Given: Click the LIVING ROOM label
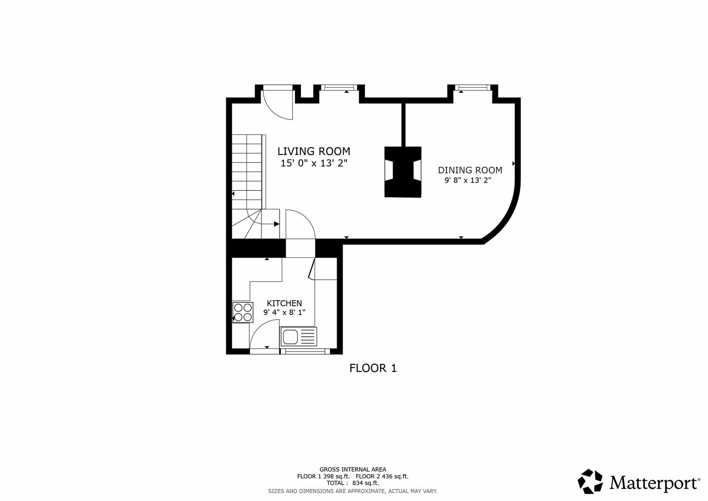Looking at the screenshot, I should point(313,151).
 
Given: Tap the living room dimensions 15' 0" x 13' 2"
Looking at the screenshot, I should point(313,163).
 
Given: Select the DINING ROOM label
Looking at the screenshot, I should point(470,170).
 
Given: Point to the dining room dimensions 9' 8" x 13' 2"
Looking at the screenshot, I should point(467,180).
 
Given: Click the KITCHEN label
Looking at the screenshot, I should point(284,303).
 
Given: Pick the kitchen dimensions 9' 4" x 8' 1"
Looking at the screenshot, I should point(284,313).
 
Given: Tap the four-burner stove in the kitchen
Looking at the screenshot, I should point(242,312).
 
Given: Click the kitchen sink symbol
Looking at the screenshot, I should point(299,336).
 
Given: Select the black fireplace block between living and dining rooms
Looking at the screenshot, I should point(402,172).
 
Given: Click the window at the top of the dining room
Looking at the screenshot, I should point(472,87).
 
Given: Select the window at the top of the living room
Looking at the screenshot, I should point(338,87).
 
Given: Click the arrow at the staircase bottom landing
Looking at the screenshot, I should point(276,224).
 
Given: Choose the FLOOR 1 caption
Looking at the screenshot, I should point(373,368).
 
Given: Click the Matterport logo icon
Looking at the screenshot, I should point(590,482).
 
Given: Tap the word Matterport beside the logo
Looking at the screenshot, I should point(654,483).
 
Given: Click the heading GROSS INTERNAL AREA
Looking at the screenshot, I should point(352,469).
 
